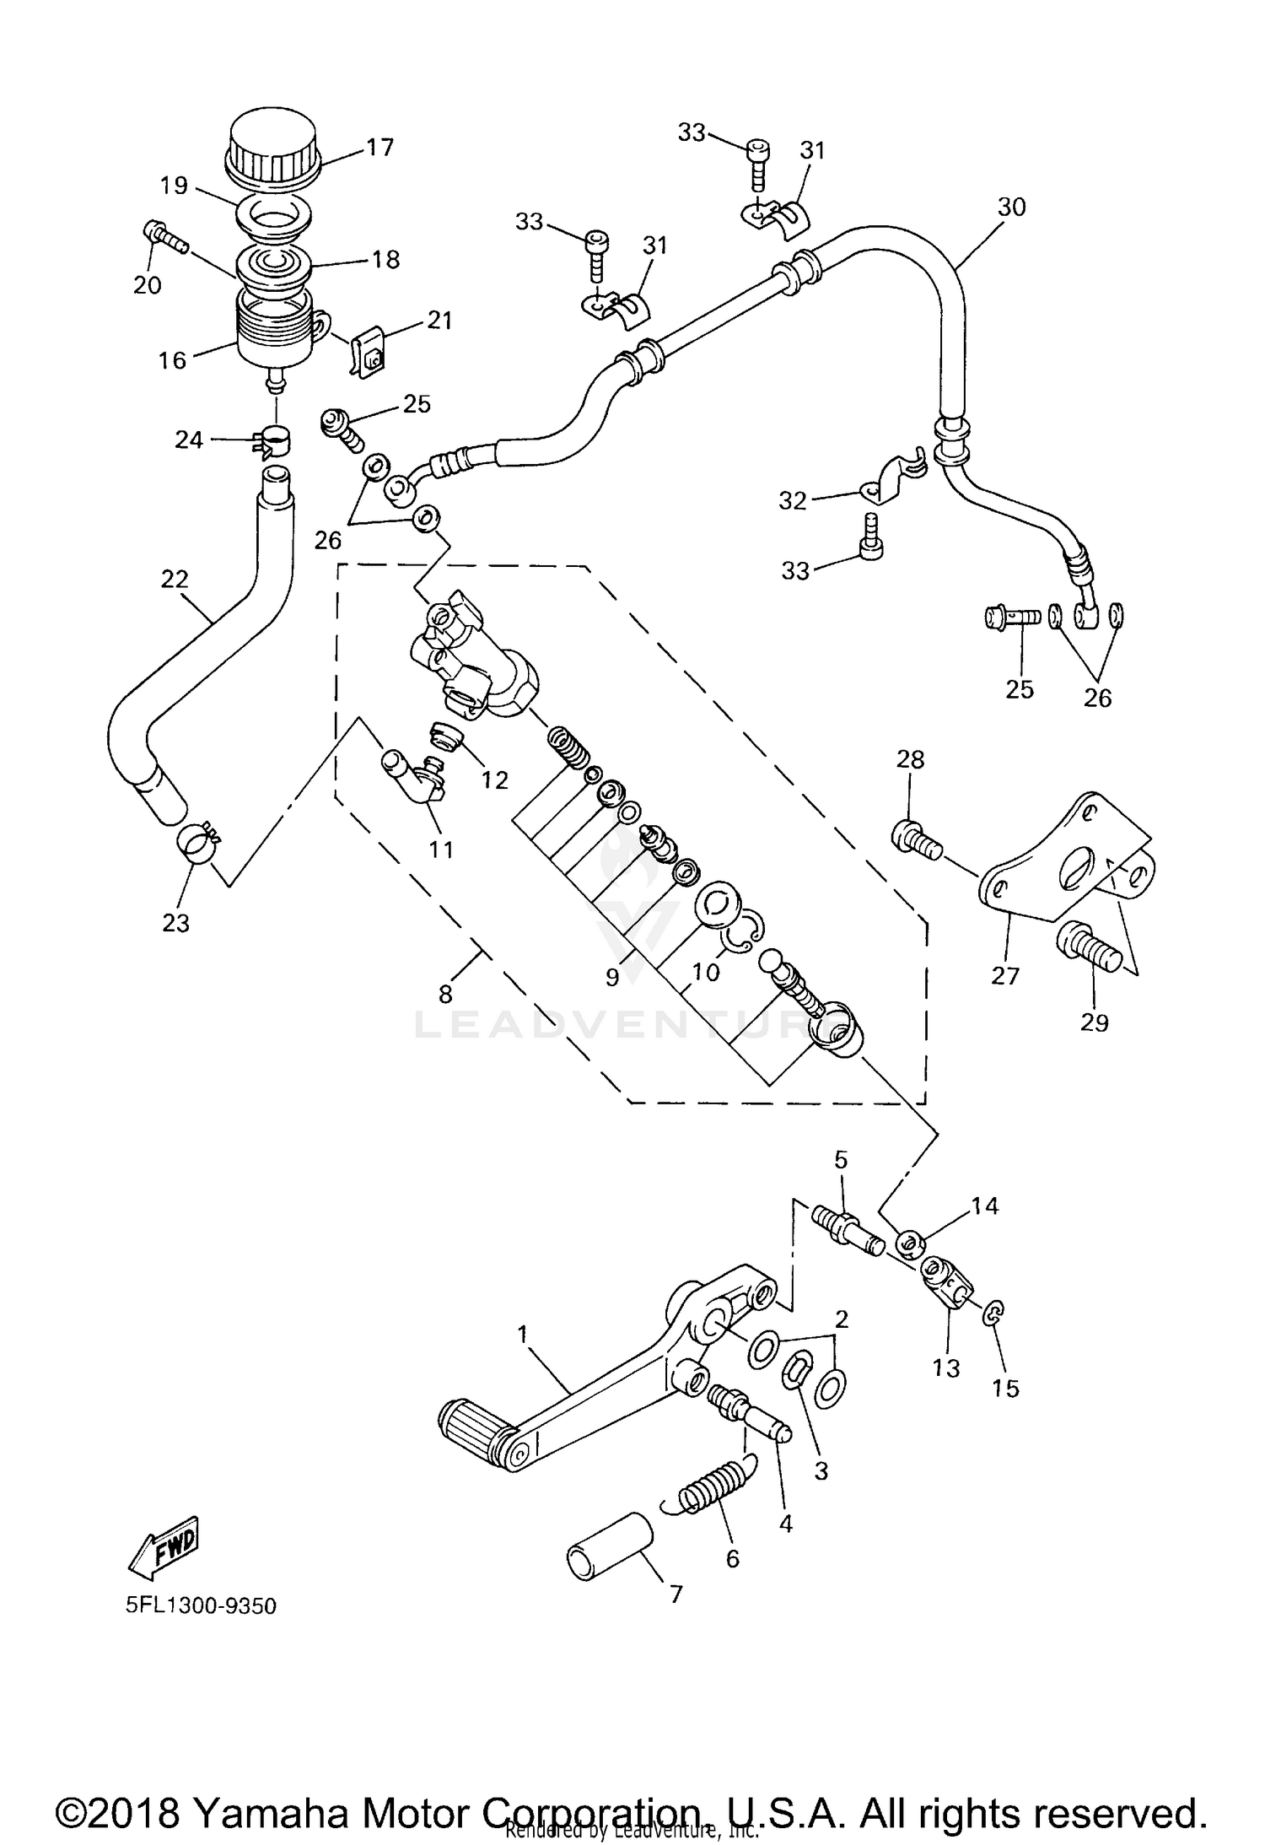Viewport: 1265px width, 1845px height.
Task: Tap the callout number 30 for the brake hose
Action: pos(1011,207)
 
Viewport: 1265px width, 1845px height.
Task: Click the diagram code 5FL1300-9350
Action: pos(202,1605)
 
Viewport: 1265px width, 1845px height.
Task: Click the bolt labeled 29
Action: pos(1087,950)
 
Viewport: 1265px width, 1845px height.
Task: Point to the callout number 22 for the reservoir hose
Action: pos(175,580)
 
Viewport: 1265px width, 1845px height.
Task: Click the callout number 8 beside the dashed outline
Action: pos(445,994)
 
